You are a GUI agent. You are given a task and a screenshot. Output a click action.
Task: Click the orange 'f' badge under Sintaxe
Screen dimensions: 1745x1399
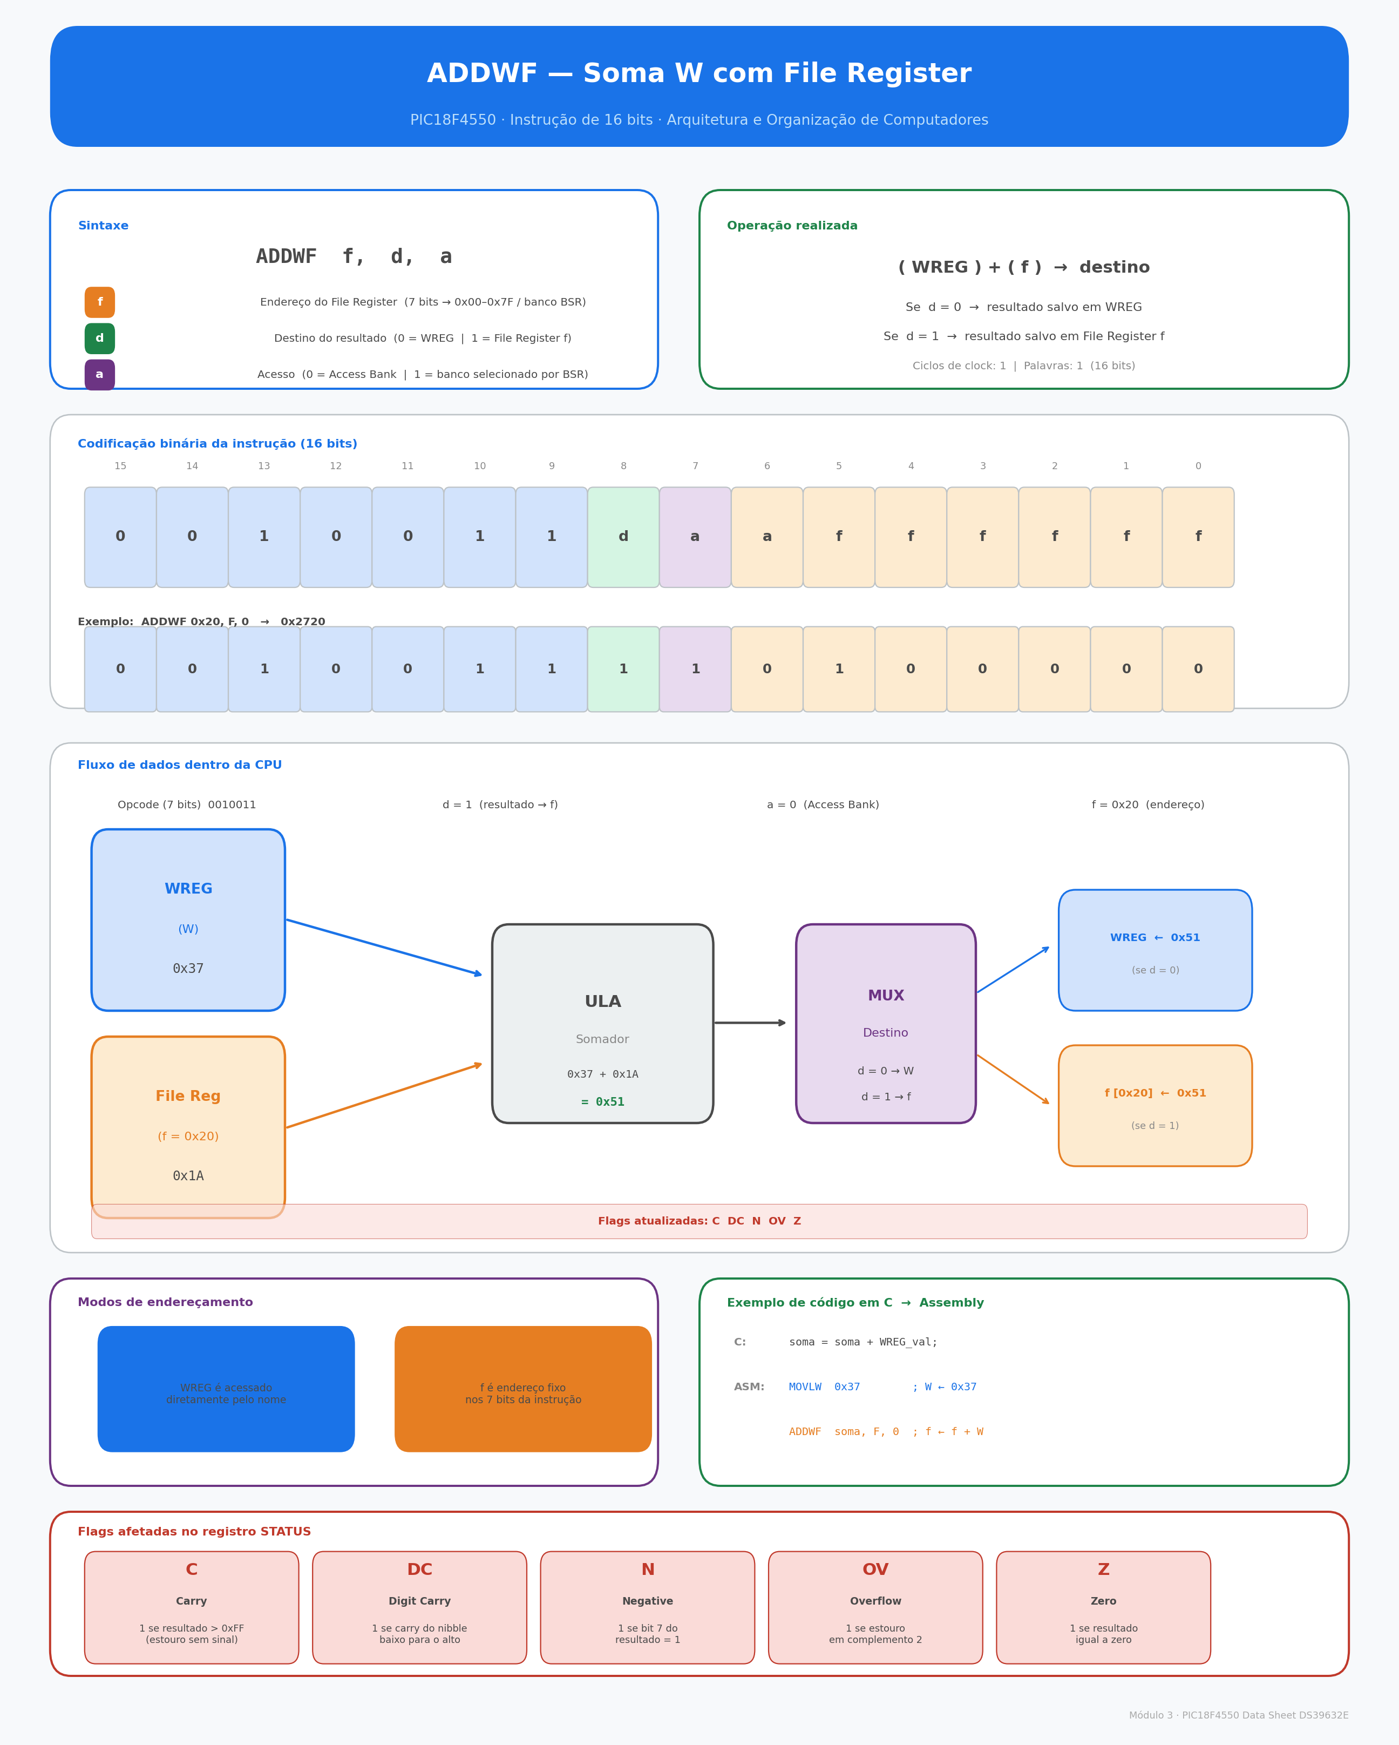coord(99,302)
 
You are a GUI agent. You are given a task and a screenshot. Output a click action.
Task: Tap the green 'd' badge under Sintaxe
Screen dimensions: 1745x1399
coord(99,339)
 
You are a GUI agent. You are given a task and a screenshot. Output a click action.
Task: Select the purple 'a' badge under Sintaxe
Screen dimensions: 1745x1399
coord(99,375)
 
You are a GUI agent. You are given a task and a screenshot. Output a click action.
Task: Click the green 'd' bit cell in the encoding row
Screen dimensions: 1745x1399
coord(623,537)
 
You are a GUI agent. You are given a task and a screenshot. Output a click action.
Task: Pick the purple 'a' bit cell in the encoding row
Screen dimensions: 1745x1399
coord(695,537)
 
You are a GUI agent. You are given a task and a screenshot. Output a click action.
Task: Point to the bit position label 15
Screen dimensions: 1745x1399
coord(120,466)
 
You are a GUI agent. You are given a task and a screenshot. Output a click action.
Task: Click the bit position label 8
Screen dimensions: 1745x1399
coord(623,466)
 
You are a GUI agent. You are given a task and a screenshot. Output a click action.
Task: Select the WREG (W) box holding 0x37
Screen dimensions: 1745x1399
coord(188,919)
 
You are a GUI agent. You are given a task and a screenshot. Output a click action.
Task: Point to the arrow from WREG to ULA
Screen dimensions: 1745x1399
coord(384,947)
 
